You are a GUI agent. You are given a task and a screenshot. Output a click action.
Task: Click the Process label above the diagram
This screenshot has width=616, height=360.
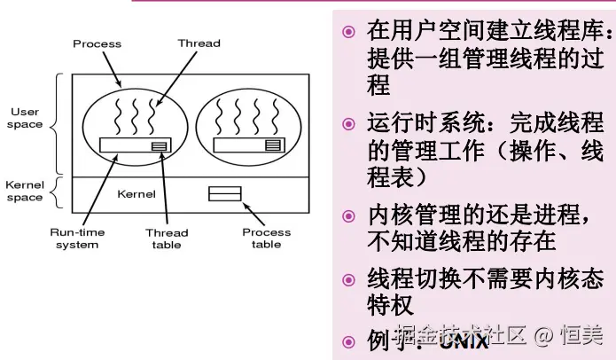click(97, 43)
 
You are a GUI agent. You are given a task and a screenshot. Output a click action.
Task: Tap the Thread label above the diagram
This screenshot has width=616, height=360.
click(199, 43)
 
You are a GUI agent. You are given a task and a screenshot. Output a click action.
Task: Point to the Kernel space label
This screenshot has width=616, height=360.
click(25, 192)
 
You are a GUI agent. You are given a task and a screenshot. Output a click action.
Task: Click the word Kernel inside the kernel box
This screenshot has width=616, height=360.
click(136, 193)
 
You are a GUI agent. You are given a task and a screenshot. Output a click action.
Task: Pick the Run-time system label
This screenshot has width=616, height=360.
click(77, 239)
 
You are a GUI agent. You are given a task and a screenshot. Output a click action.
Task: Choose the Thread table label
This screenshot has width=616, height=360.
click(166, 239)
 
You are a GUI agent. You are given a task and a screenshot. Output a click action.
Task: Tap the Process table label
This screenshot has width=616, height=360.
click(266, 239)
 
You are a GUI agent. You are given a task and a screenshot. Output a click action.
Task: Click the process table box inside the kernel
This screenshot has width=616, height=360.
click(224, 192)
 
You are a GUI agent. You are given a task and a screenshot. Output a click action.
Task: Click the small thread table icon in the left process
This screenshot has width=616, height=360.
click(159, 145)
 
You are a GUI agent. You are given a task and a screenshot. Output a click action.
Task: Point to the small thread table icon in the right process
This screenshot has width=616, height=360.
click(273, 144)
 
